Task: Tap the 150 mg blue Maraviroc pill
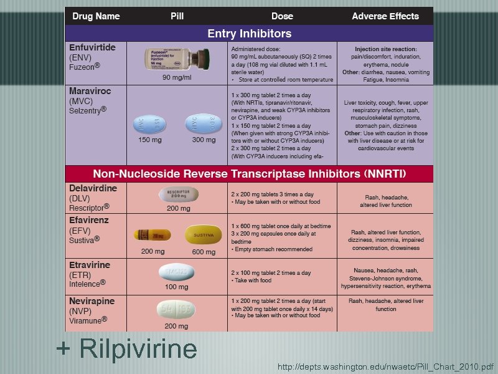click(x=148, y=125)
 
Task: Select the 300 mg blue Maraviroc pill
click(x=204, y=123)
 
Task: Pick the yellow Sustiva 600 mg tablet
click(x=204, y=236)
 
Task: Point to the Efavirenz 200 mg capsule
click(x=153, y=236)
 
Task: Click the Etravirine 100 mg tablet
click(x=176, y=272)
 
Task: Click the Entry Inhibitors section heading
click(x=249, y=33)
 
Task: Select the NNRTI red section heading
click(x=249, y=173)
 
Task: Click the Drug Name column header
click(x=96, y=16)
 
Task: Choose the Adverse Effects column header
click(x=385, y=16)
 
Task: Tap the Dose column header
click(x=282, y=16)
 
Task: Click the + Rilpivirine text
click(x=126, y=349)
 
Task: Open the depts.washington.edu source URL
click(x=385, y=367)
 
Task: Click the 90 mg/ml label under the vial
click(x=177, y=77)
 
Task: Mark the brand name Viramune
click(x=88, y=320)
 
